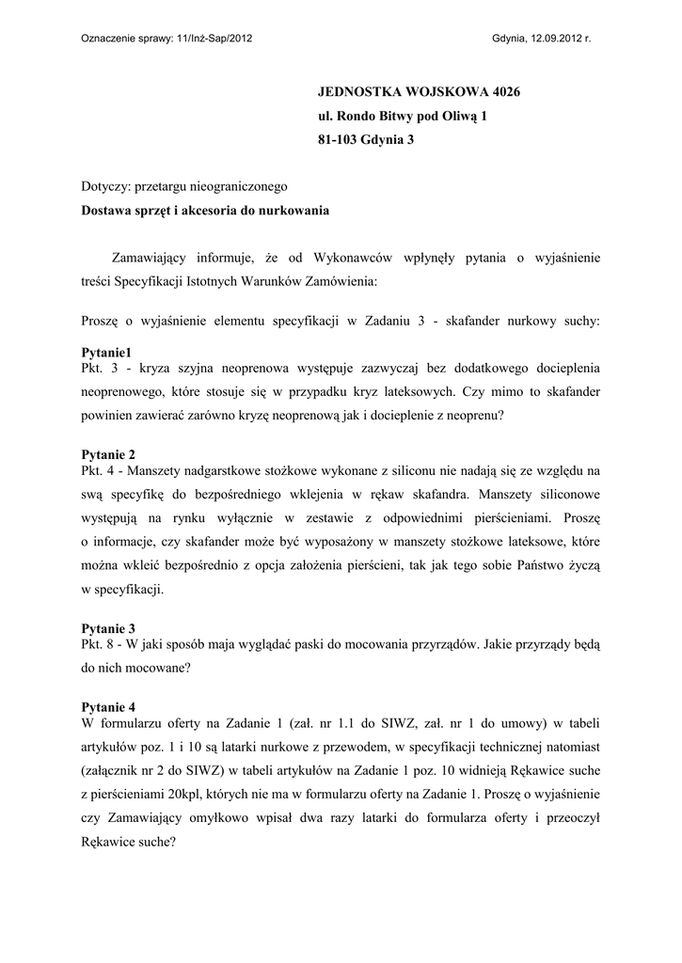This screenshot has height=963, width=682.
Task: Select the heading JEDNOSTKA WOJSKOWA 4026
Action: [x=419, y=92]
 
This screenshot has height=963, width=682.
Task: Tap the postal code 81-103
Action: [x=337, y=140]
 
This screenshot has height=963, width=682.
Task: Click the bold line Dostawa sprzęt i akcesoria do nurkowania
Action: [x=205, y=212]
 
